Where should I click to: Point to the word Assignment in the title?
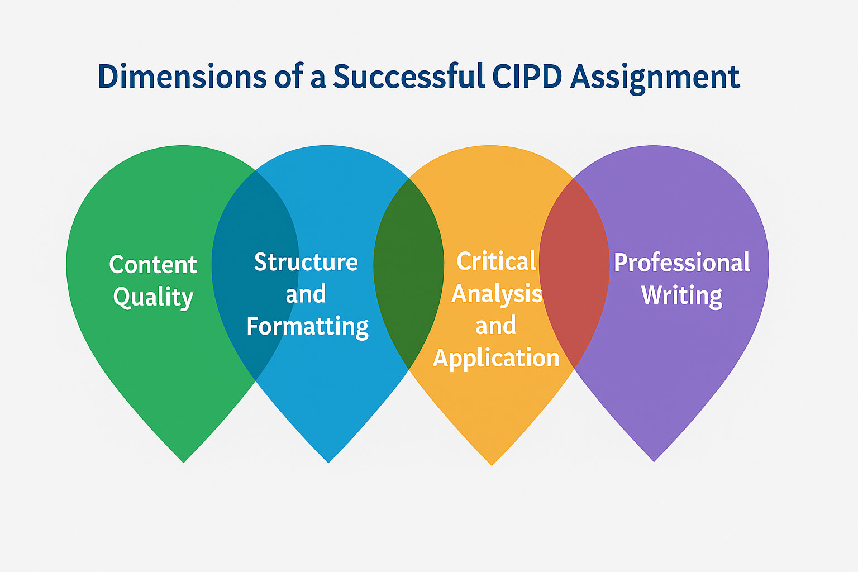655,78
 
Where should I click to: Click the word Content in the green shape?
153,265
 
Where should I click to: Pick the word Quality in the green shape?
153,297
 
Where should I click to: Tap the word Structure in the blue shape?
306,262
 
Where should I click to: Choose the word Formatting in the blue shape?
307,327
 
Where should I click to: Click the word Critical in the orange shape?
496,261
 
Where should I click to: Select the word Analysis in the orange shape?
497,294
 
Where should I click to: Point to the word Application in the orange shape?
496,358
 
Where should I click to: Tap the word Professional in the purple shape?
681,263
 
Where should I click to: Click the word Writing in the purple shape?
681,295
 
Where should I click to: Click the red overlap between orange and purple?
574,313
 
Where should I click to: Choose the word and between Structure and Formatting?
306,294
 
